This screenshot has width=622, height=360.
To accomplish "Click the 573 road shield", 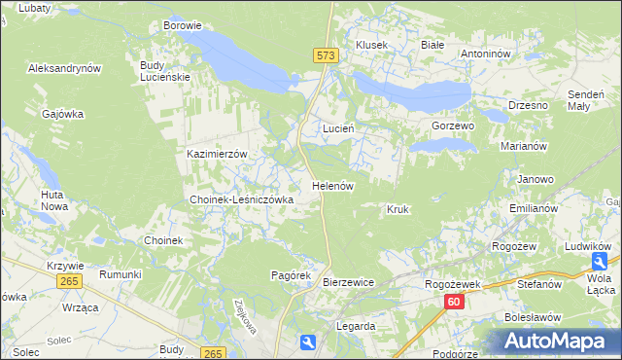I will pos(326,56).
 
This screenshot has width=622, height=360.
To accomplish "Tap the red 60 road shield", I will pos(454,303).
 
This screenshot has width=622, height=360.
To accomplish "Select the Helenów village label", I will pos(331,185).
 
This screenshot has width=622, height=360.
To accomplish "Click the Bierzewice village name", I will pos(348,282).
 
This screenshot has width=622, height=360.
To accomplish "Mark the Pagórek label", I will pos(290,275).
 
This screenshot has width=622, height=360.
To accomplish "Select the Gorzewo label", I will pos(452,126).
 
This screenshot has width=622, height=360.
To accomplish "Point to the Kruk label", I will pos(397,209).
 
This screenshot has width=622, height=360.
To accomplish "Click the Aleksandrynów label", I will pos(65,69).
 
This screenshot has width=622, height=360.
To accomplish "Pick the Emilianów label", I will pos(534,209).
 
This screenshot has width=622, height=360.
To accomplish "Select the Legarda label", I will pos(355,327).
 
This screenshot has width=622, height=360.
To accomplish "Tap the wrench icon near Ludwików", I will pos(600,263).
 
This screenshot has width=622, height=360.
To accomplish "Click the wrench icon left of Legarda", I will pos(308,342).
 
